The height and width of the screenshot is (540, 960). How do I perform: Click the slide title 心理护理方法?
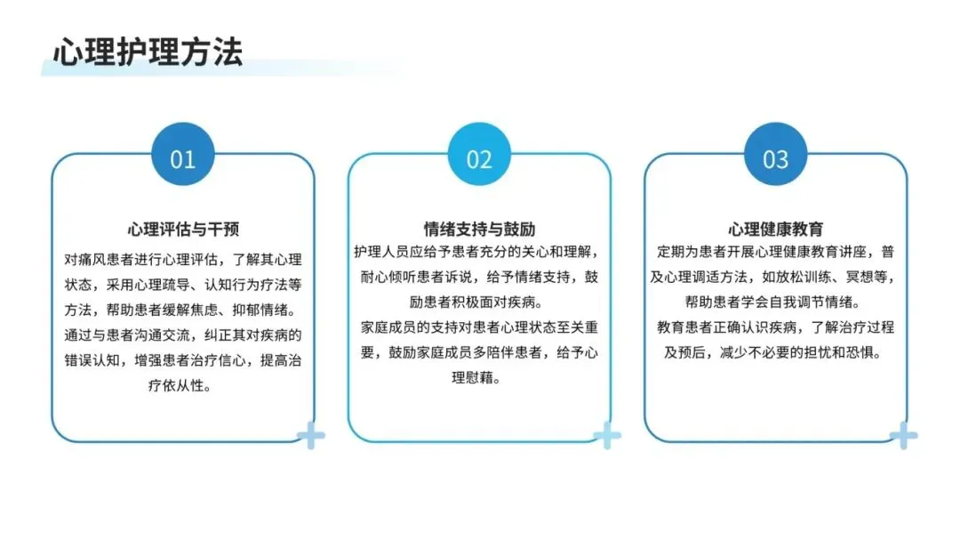[148, 52]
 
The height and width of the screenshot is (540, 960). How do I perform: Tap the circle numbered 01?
[182, 158]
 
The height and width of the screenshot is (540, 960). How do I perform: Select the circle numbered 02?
[479, 158]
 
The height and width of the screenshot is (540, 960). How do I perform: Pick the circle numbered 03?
[776, 158]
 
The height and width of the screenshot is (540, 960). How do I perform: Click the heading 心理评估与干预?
[182, 230]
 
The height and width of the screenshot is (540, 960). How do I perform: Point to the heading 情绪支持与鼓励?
[479, 229]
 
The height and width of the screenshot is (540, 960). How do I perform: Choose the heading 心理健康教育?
[776, 229]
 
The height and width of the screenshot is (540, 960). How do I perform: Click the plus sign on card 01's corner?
[311, 435]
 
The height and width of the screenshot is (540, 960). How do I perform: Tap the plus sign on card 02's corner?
[607, 435]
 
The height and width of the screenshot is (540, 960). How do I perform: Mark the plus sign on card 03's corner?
[903, 435]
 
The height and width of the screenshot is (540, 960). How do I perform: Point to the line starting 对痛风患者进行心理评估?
[182, 260]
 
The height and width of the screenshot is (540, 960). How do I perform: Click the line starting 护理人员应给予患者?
[479, 252]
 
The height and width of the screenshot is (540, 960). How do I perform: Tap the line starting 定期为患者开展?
[776, 252]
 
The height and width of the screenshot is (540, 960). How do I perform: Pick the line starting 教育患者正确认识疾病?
[776, 327]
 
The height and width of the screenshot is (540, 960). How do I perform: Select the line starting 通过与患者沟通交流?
[182, 335]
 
